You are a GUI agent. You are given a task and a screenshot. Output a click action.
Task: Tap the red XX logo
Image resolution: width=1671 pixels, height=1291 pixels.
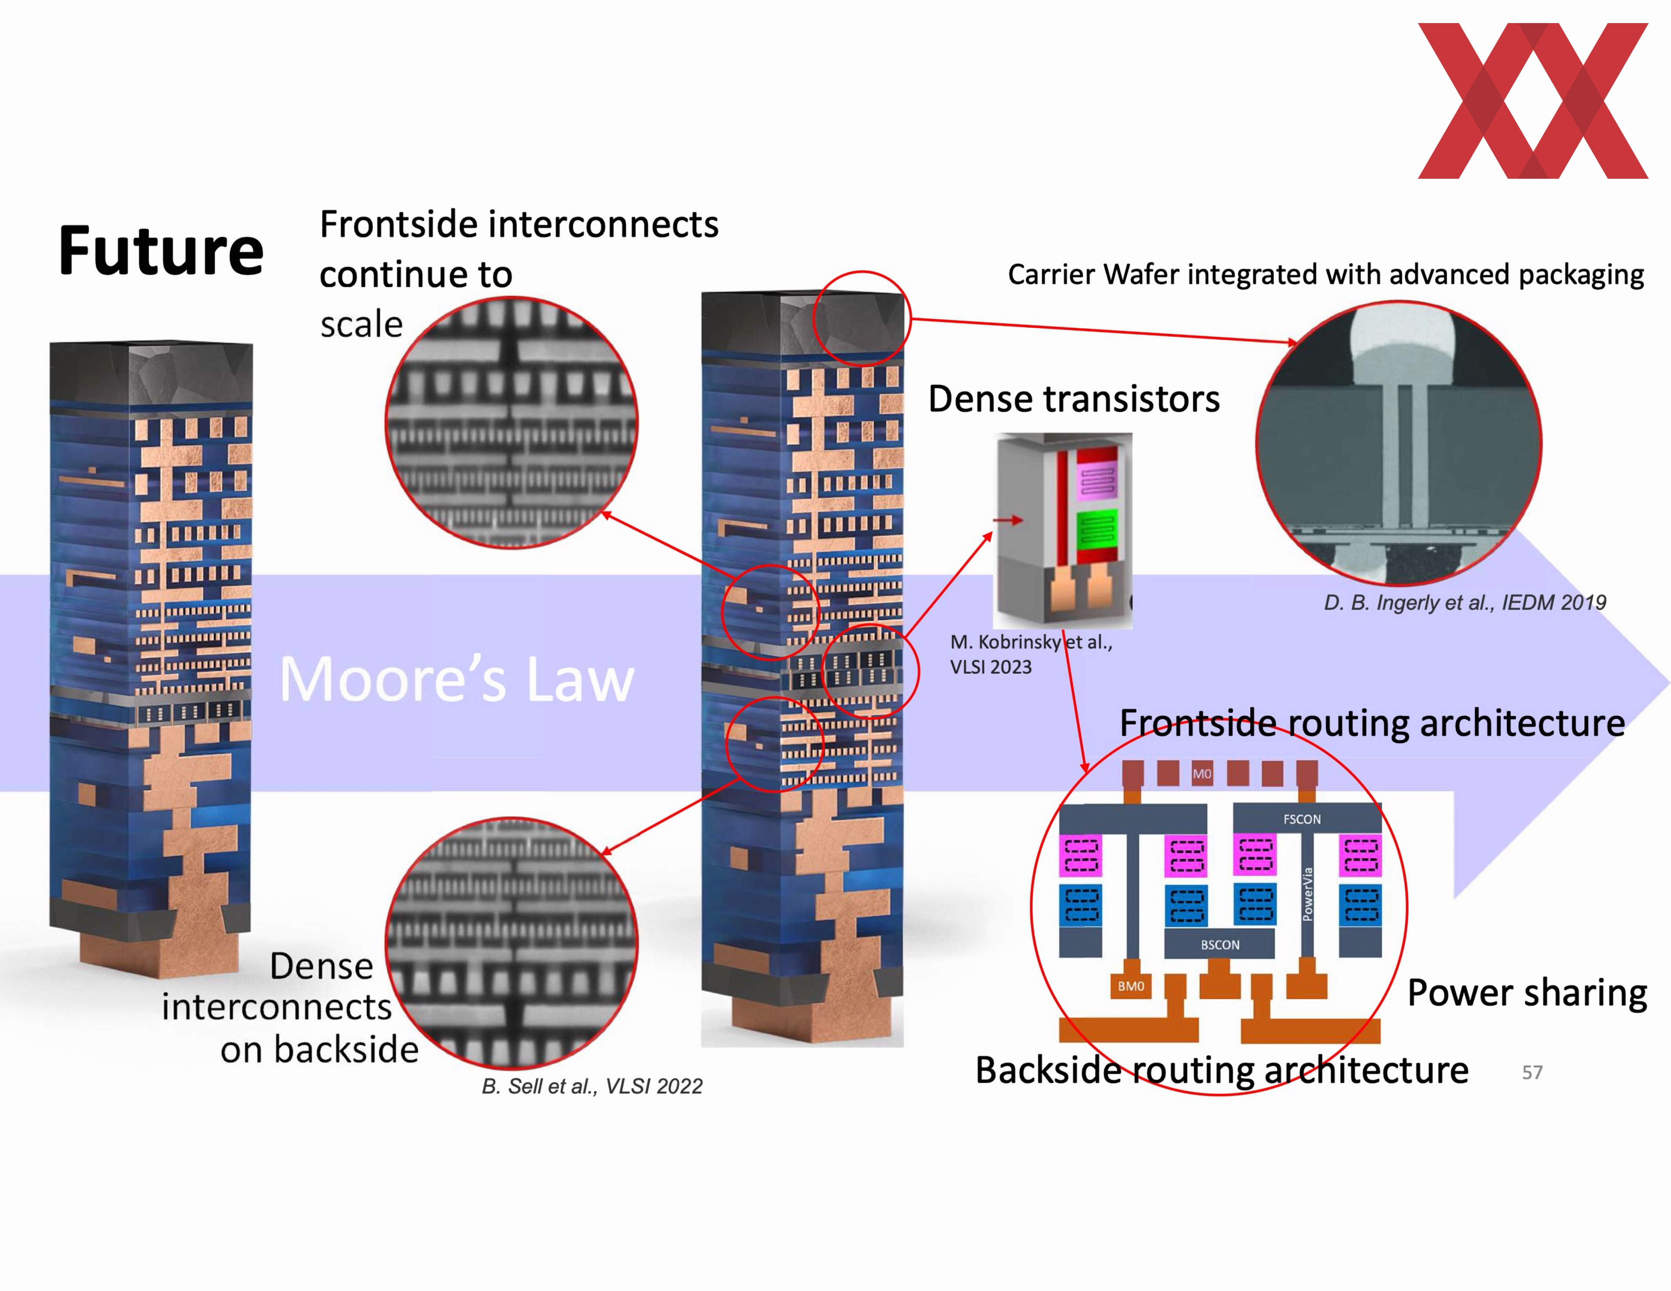click(x=1533, y=101)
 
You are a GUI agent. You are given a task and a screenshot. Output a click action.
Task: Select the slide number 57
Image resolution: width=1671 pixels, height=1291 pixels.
click(x=1532, y=1072)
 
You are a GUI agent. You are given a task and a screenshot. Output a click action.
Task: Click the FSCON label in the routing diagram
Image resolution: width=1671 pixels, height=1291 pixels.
click(x=1302, y=819)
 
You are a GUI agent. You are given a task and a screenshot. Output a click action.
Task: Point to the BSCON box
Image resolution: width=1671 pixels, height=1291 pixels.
click(x=1220, y=944)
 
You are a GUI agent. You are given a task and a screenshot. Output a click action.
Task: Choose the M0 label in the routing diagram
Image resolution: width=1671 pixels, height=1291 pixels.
click(x=1202, y=774)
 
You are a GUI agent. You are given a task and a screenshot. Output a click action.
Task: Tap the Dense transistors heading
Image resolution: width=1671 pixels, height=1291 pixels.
click(x=1074, y=399)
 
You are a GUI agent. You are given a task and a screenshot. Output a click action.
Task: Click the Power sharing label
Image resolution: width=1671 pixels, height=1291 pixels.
click(x=1527, y=993)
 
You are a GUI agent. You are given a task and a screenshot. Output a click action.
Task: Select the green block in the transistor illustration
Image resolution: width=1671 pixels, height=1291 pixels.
click(x=1097, y=530)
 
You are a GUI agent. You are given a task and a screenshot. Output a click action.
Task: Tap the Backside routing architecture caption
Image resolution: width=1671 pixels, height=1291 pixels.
click(x=1221, y=1070)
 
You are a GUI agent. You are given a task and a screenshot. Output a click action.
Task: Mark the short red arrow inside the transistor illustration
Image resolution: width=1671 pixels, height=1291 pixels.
click(x=1008, y=520)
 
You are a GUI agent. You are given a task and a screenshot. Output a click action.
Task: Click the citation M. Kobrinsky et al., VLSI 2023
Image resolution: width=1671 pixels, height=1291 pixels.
click(x=1030, y=654)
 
